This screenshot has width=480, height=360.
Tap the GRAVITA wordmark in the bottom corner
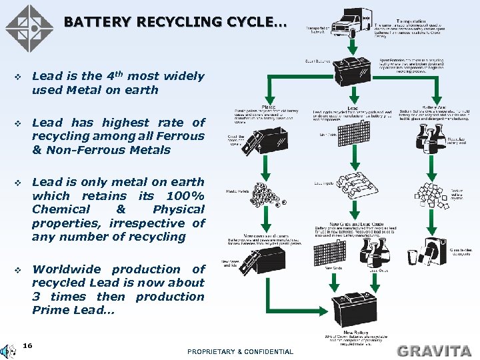435,350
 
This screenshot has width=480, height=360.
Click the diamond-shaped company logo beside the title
29,29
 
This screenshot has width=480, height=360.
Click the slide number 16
28,345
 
